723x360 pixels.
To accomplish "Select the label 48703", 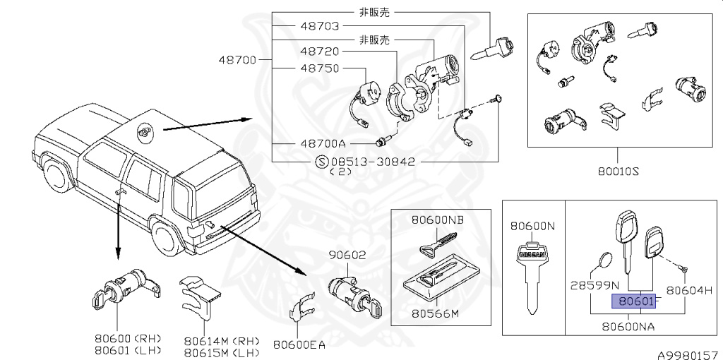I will click(319, 26).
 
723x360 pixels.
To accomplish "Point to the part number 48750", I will click(319, 68).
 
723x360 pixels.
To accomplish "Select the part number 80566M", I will click(434, 312).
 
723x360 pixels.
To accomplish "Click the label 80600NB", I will click(438, 220).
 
